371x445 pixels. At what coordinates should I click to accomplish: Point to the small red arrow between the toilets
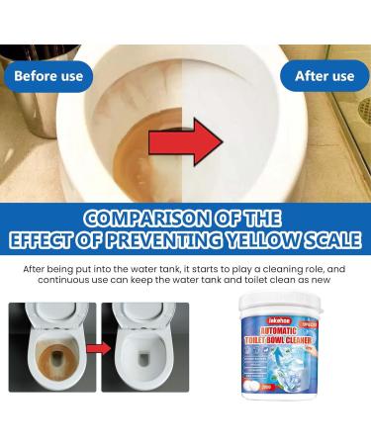pyautogui.click(x=98, y=349)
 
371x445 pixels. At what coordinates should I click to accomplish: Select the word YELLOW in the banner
pyautogui.click(x=267, y=239)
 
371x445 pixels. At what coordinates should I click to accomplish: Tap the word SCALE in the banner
pyautogui.click(x=331, y=239)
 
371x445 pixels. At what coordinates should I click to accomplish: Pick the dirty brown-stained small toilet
pyautogui.click(x=51, y=347)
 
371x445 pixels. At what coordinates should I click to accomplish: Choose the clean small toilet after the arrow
pyautogui.click(x=144, y=347)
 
